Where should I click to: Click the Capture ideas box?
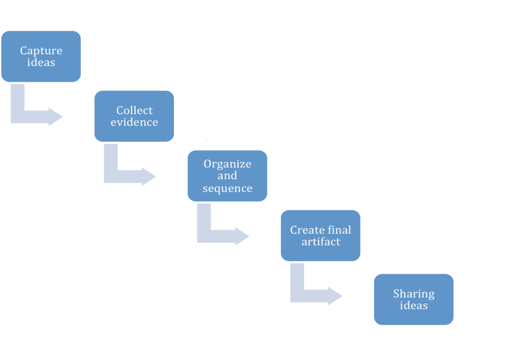pos(41,56)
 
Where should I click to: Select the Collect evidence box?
pos(134,116)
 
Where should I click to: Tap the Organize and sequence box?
pos(227,176)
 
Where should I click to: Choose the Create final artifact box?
pos(320,235)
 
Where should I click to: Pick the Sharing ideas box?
pos(413,299)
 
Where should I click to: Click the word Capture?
pos(41,51)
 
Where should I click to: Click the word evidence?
pos(134,122)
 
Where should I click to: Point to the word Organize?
pos(227,164)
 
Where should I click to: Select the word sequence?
pos(227,188)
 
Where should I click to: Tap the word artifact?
pos(321,242)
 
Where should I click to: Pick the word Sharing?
pos(414,294)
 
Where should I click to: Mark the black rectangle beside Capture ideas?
pos(160,56)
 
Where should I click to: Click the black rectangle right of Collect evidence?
pos(204,114)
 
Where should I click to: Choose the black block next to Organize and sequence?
pos(317,173)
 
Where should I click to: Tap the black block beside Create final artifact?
pos(400,236)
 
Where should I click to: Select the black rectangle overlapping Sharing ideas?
pos(482,299)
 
